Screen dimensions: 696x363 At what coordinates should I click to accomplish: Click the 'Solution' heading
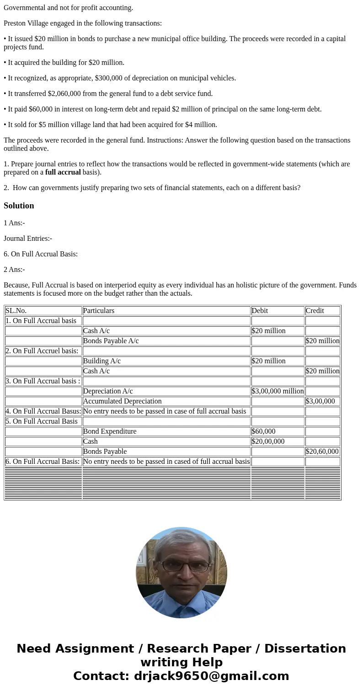19,206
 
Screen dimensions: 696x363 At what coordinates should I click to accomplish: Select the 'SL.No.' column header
16,311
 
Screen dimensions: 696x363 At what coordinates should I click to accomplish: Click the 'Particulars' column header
99,311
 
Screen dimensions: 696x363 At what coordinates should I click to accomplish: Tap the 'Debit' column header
260,311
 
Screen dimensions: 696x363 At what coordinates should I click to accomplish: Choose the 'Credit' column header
315,311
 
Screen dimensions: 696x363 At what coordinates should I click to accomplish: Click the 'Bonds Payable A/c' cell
111,341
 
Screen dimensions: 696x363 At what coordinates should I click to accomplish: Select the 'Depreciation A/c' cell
108,391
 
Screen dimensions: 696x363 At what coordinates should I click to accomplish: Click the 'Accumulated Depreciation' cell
122,401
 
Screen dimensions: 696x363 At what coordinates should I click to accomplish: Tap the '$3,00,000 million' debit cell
278,391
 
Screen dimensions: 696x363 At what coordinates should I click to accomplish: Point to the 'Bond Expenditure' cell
110,431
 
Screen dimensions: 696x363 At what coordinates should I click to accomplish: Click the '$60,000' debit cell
264,431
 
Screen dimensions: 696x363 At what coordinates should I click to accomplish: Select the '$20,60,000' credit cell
322,452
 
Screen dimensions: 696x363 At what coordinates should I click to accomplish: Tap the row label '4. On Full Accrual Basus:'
43,411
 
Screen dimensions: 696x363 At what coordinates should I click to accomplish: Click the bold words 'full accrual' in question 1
63,172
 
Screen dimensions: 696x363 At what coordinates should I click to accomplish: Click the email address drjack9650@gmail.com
211,676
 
